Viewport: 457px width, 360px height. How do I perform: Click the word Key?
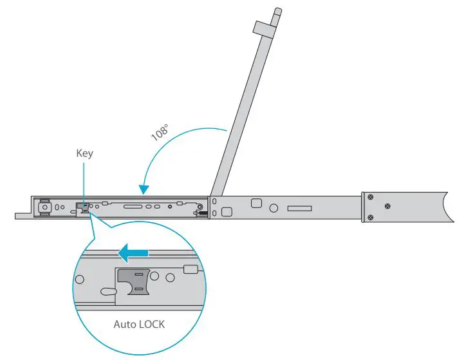pos(84,153)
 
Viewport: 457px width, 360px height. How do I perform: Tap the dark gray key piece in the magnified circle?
pos(136,282)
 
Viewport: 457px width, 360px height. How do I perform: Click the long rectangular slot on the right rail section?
pos(299,209)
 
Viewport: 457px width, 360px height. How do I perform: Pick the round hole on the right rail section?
pos(274,208)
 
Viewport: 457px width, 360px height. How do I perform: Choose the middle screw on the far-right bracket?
pos(387,206)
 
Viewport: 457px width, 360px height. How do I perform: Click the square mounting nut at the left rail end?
pos(44,207)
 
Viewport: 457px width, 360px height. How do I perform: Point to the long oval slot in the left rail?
pos(133,207)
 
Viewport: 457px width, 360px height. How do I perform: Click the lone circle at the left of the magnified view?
pos(80,280)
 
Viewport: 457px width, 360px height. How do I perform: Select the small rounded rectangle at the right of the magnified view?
pos(190,269)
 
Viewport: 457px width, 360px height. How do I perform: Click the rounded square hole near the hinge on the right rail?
pos(256,203)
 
